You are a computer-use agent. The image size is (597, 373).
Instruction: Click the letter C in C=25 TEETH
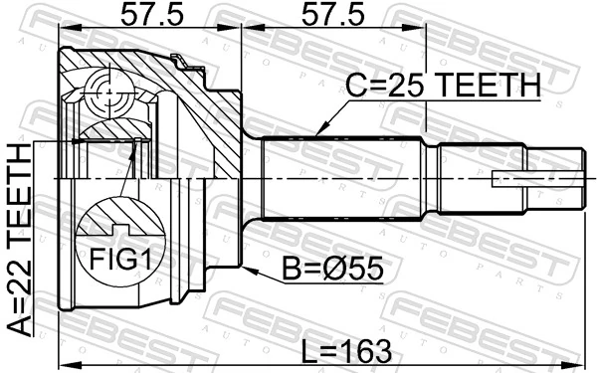pyautogui.click(x=354, y=87)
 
